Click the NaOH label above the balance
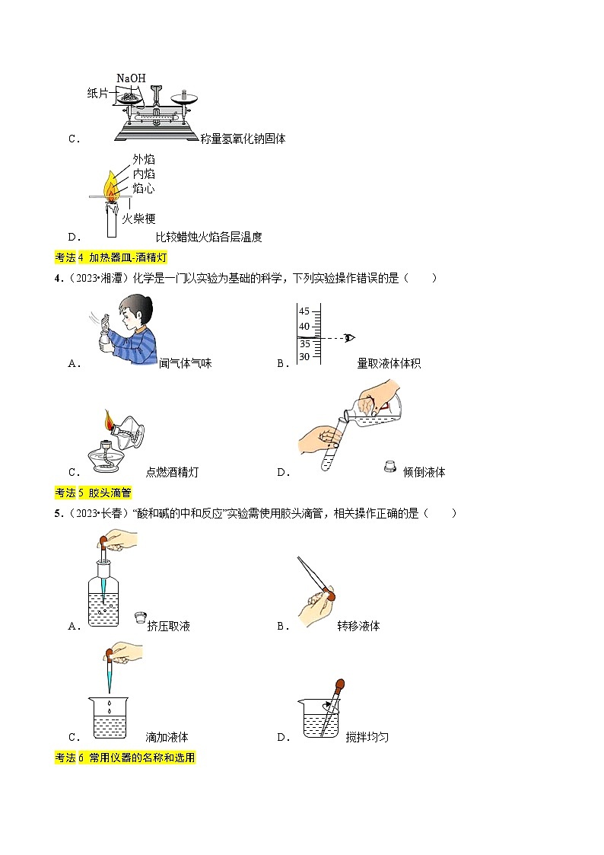coord(130,78)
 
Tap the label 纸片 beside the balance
coord(98,93)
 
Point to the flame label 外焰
coord(144,159)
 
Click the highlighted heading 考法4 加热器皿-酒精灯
coord(111,257)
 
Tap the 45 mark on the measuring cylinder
coord(304,311)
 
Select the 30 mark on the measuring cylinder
coord(304,356)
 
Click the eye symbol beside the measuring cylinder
coord(350,337)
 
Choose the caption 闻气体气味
coord(186,364)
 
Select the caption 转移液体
coord(358,627)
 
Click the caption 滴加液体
coord(167,737)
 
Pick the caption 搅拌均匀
coord(367,737)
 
